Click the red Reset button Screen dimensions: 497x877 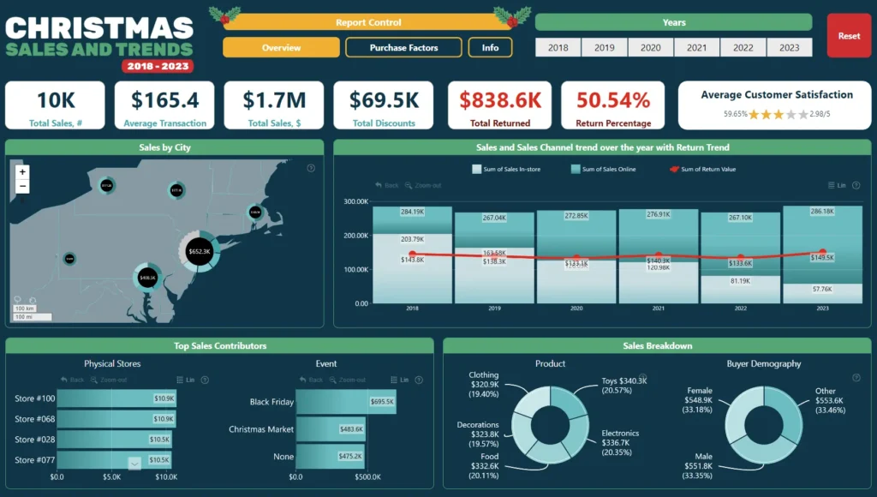click(849, 36)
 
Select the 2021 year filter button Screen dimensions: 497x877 click(697, 48)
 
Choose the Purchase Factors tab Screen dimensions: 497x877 click(403, 48)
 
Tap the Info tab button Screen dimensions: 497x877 click(490, 48)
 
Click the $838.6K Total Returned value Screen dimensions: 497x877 click(499, 100)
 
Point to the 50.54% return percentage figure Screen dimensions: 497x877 click(612, 100)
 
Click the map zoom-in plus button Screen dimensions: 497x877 click(22, 172)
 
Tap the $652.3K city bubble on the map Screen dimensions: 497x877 click(200, 251)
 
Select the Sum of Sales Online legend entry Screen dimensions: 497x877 click(604, 170)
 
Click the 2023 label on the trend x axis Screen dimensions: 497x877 click(822, 308)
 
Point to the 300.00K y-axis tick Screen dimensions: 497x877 click(355, 202)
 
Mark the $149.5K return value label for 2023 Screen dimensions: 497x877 click(822, 257)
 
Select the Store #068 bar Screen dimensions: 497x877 click(116, 419)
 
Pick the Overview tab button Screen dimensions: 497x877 click(281, 48)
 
